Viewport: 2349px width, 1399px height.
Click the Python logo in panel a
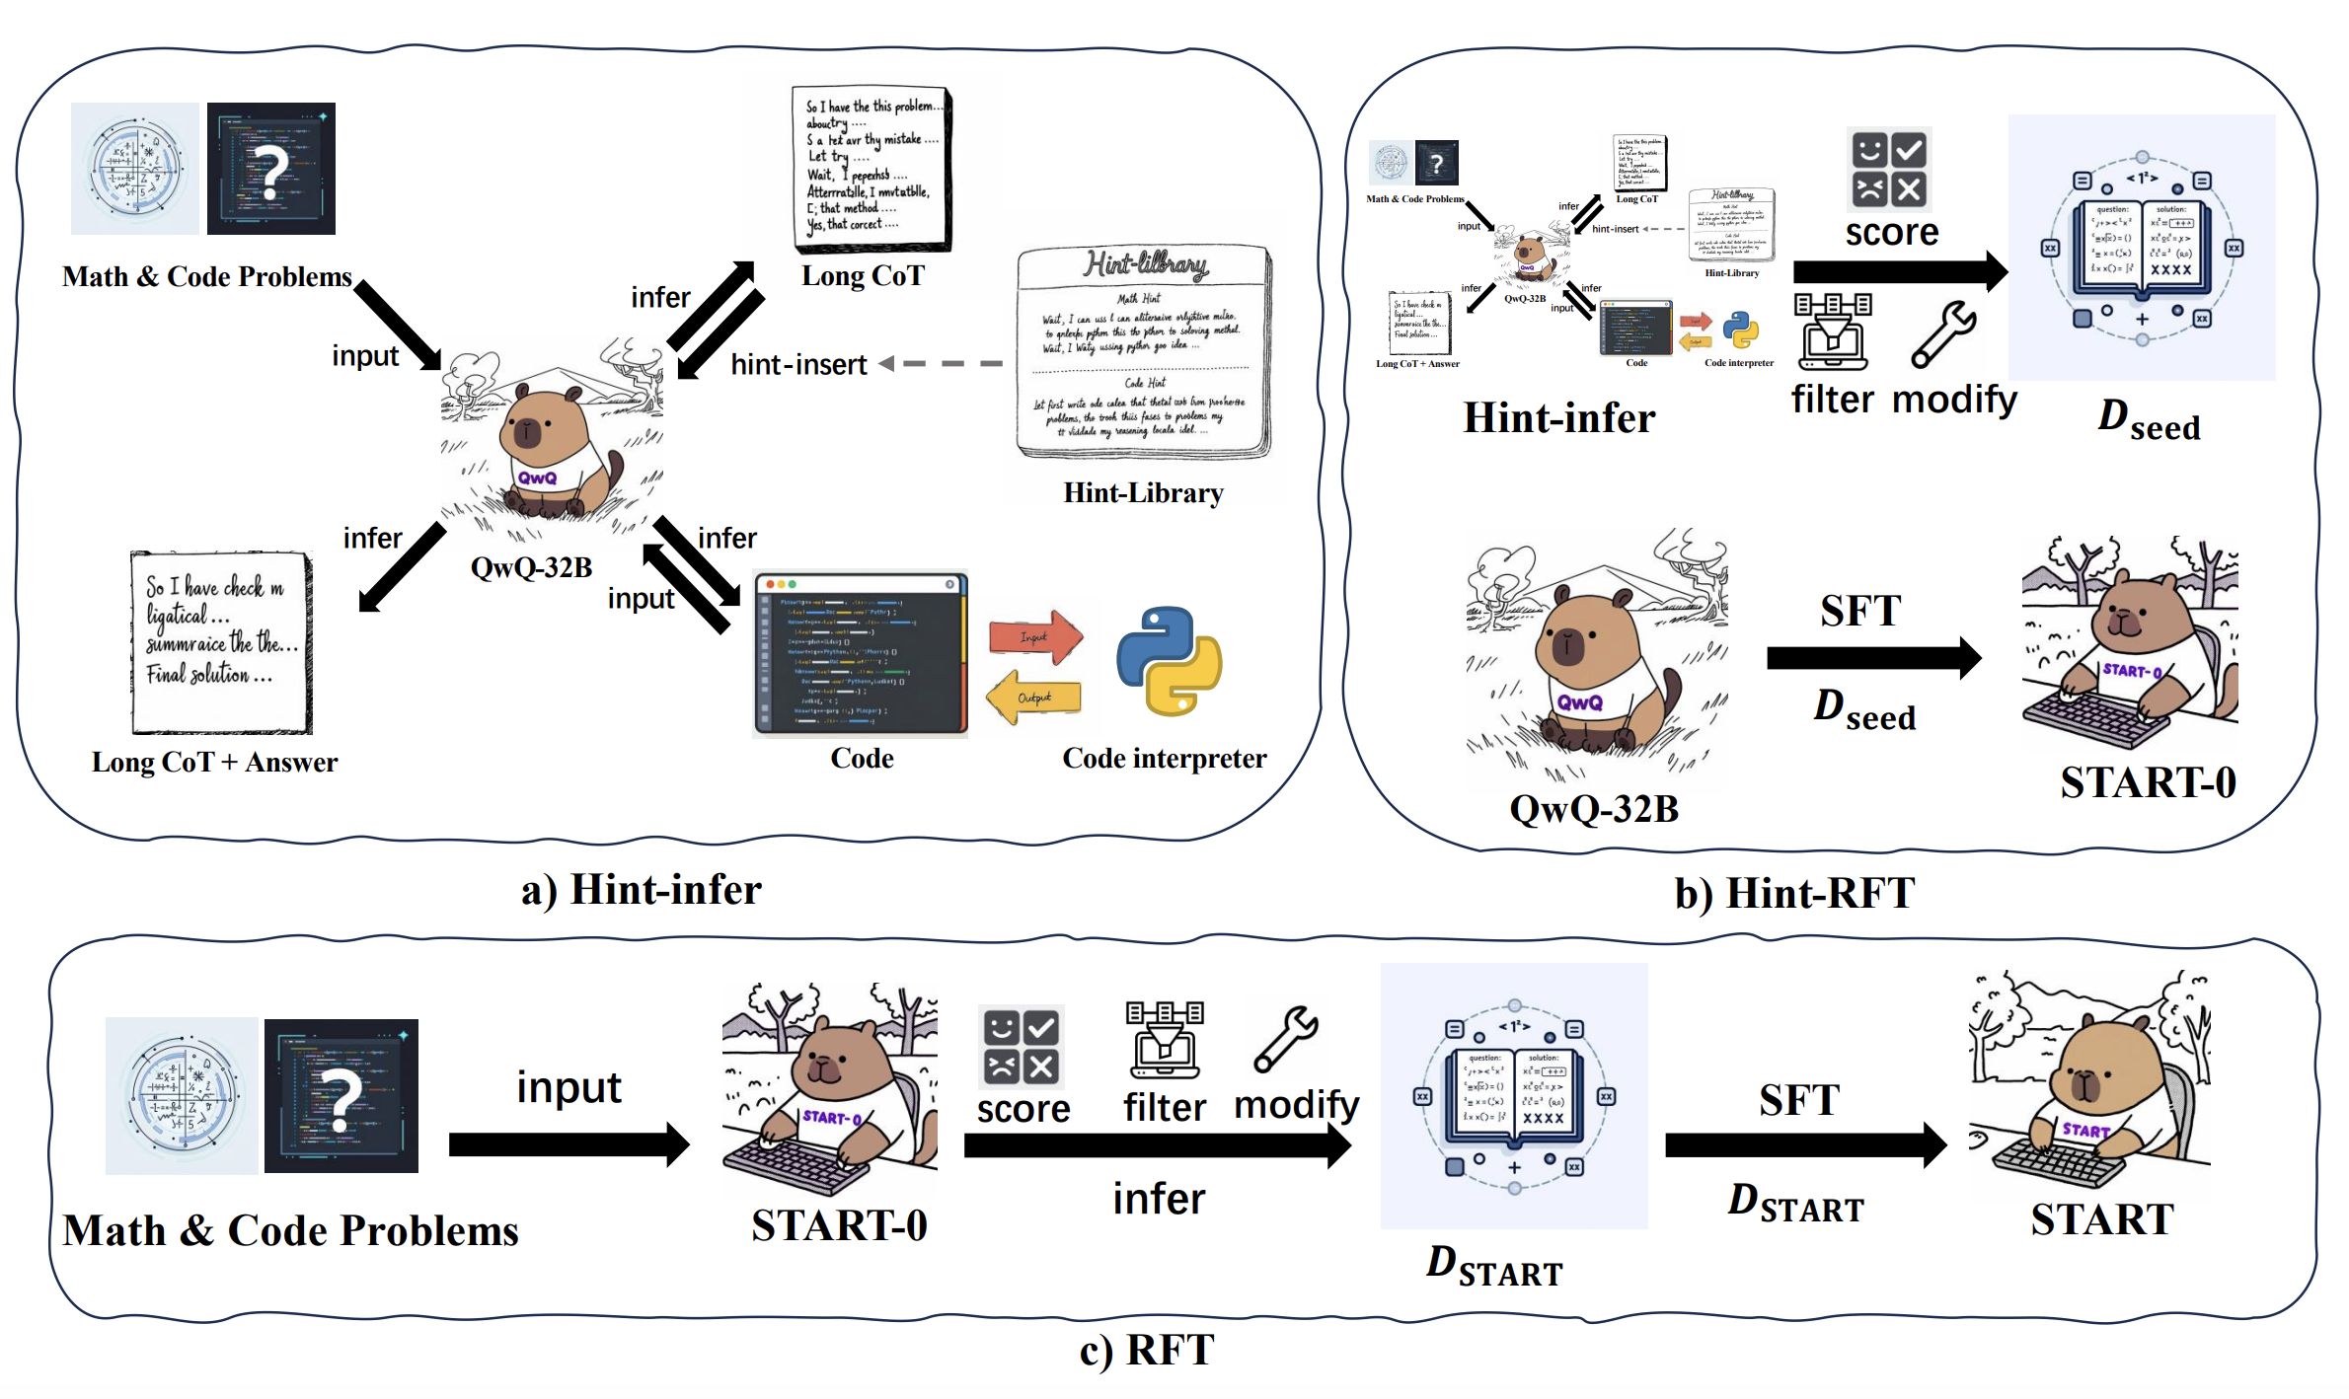(1170, 660)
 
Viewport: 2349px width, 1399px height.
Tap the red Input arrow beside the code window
(1036, 636)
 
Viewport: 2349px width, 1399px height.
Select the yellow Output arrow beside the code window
(1033, 698)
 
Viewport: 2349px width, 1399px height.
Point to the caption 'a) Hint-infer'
(642, 890)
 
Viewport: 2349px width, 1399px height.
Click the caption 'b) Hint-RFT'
(1794, 894)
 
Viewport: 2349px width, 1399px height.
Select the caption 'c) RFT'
(1147, 1351)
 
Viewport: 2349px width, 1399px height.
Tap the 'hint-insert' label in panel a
(798, 365)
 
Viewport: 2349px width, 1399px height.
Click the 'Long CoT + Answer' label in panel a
(214, 763)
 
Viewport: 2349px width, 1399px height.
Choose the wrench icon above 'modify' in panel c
(1286, 1039)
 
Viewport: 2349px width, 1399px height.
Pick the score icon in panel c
(1021, 1047)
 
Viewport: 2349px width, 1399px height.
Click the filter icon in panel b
(1833, 331)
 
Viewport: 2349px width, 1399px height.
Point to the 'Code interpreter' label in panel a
(1164, 759)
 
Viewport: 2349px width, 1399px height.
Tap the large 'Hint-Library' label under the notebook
(1143, 493)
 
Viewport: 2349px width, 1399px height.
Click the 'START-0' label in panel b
(2148, 783)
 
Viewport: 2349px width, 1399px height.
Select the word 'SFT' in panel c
(1798, 1100)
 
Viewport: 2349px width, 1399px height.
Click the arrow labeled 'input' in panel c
(568, 1144)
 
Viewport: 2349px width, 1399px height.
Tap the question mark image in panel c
(341, 1096)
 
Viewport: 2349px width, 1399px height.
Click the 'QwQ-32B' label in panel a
(531, 568)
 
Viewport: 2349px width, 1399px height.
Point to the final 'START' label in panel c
(2102, 1220)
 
